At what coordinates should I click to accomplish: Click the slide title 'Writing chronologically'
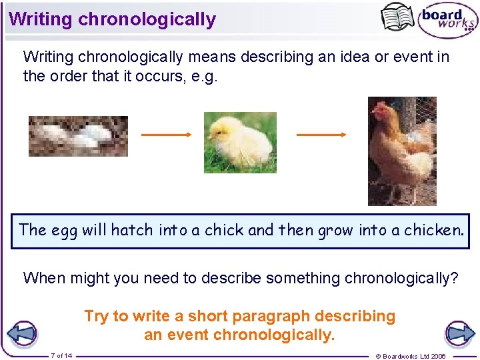(x=112, y=19)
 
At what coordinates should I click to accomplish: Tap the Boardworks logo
(x=447, y=21)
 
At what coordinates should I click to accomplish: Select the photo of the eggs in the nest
(x=78, y=137)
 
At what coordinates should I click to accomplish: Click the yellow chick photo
(x=239, y=142)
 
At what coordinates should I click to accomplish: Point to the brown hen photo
(x=402, y=151)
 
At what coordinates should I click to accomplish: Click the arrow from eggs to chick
(x=166, y=135)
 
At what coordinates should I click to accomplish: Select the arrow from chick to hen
(x=321, y=135)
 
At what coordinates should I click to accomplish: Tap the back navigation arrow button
(x=21, y=333)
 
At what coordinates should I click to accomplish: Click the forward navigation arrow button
(x=459, y=333)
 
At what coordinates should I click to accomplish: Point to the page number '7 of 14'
(x=61, y=355)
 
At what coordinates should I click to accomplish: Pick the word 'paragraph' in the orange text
(x=272, y=316)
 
